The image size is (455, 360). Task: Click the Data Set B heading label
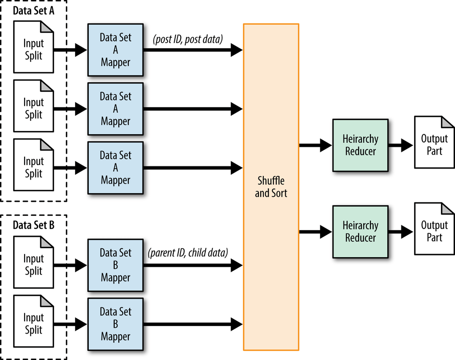34,225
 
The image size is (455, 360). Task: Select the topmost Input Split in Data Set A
34,50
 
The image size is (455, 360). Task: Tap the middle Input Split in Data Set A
34,109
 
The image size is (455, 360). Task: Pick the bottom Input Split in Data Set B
34,324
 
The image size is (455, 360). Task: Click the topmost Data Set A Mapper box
115,50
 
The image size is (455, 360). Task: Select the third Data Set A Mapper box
115,168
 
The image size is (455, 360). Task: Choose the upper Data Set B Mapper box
115,265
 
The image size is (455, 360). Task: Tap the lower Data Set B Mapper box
115,324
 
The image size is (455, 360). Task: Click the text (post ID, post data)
188,40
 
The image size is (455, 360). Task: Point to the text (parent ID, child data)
187,253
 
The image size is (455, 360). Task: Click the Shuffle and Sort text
271,187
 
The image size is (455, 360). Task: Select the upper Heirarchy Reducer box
360,145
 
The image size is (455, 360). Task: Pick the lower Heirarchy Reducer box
360,232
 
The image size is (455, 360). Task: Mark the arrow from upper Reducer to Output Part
401,145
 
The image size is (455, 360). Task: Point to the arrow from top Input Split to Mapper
71,50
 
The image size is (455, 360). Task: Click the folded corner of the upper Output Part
448,122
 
